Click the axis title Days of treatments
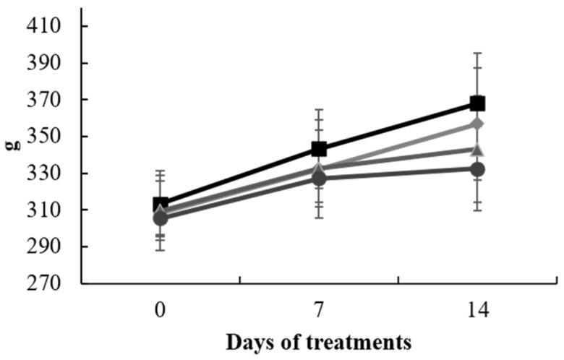click(x=319, y=340)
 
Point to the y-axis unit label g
click(x=12, y=143)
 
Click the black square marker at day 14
click(x=477, y=103)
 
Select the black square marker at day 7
click(x=319, y=149)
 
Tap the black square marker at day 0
click(x=161, y=205)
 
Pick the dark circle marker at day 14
click(x=477, y=169)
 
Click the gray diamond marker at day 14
click(x=477, y=124)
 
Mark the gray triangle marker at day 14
click(x=477, y=150)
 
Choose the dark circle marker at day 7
click(x=319, y=179)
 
